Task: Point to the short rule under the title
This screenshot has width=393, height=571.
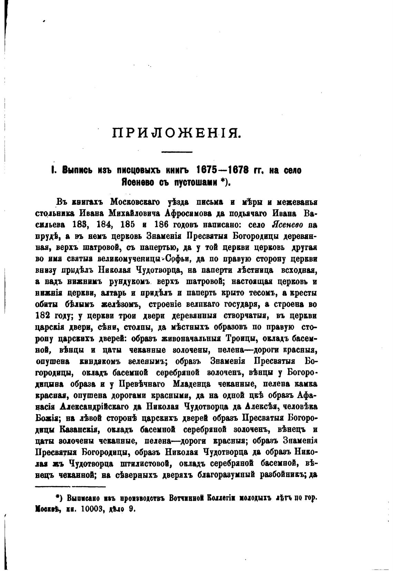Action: click(x=177, y=152)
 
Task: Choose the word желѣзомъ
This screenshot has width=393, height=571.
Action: click(x=120, y=304)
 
